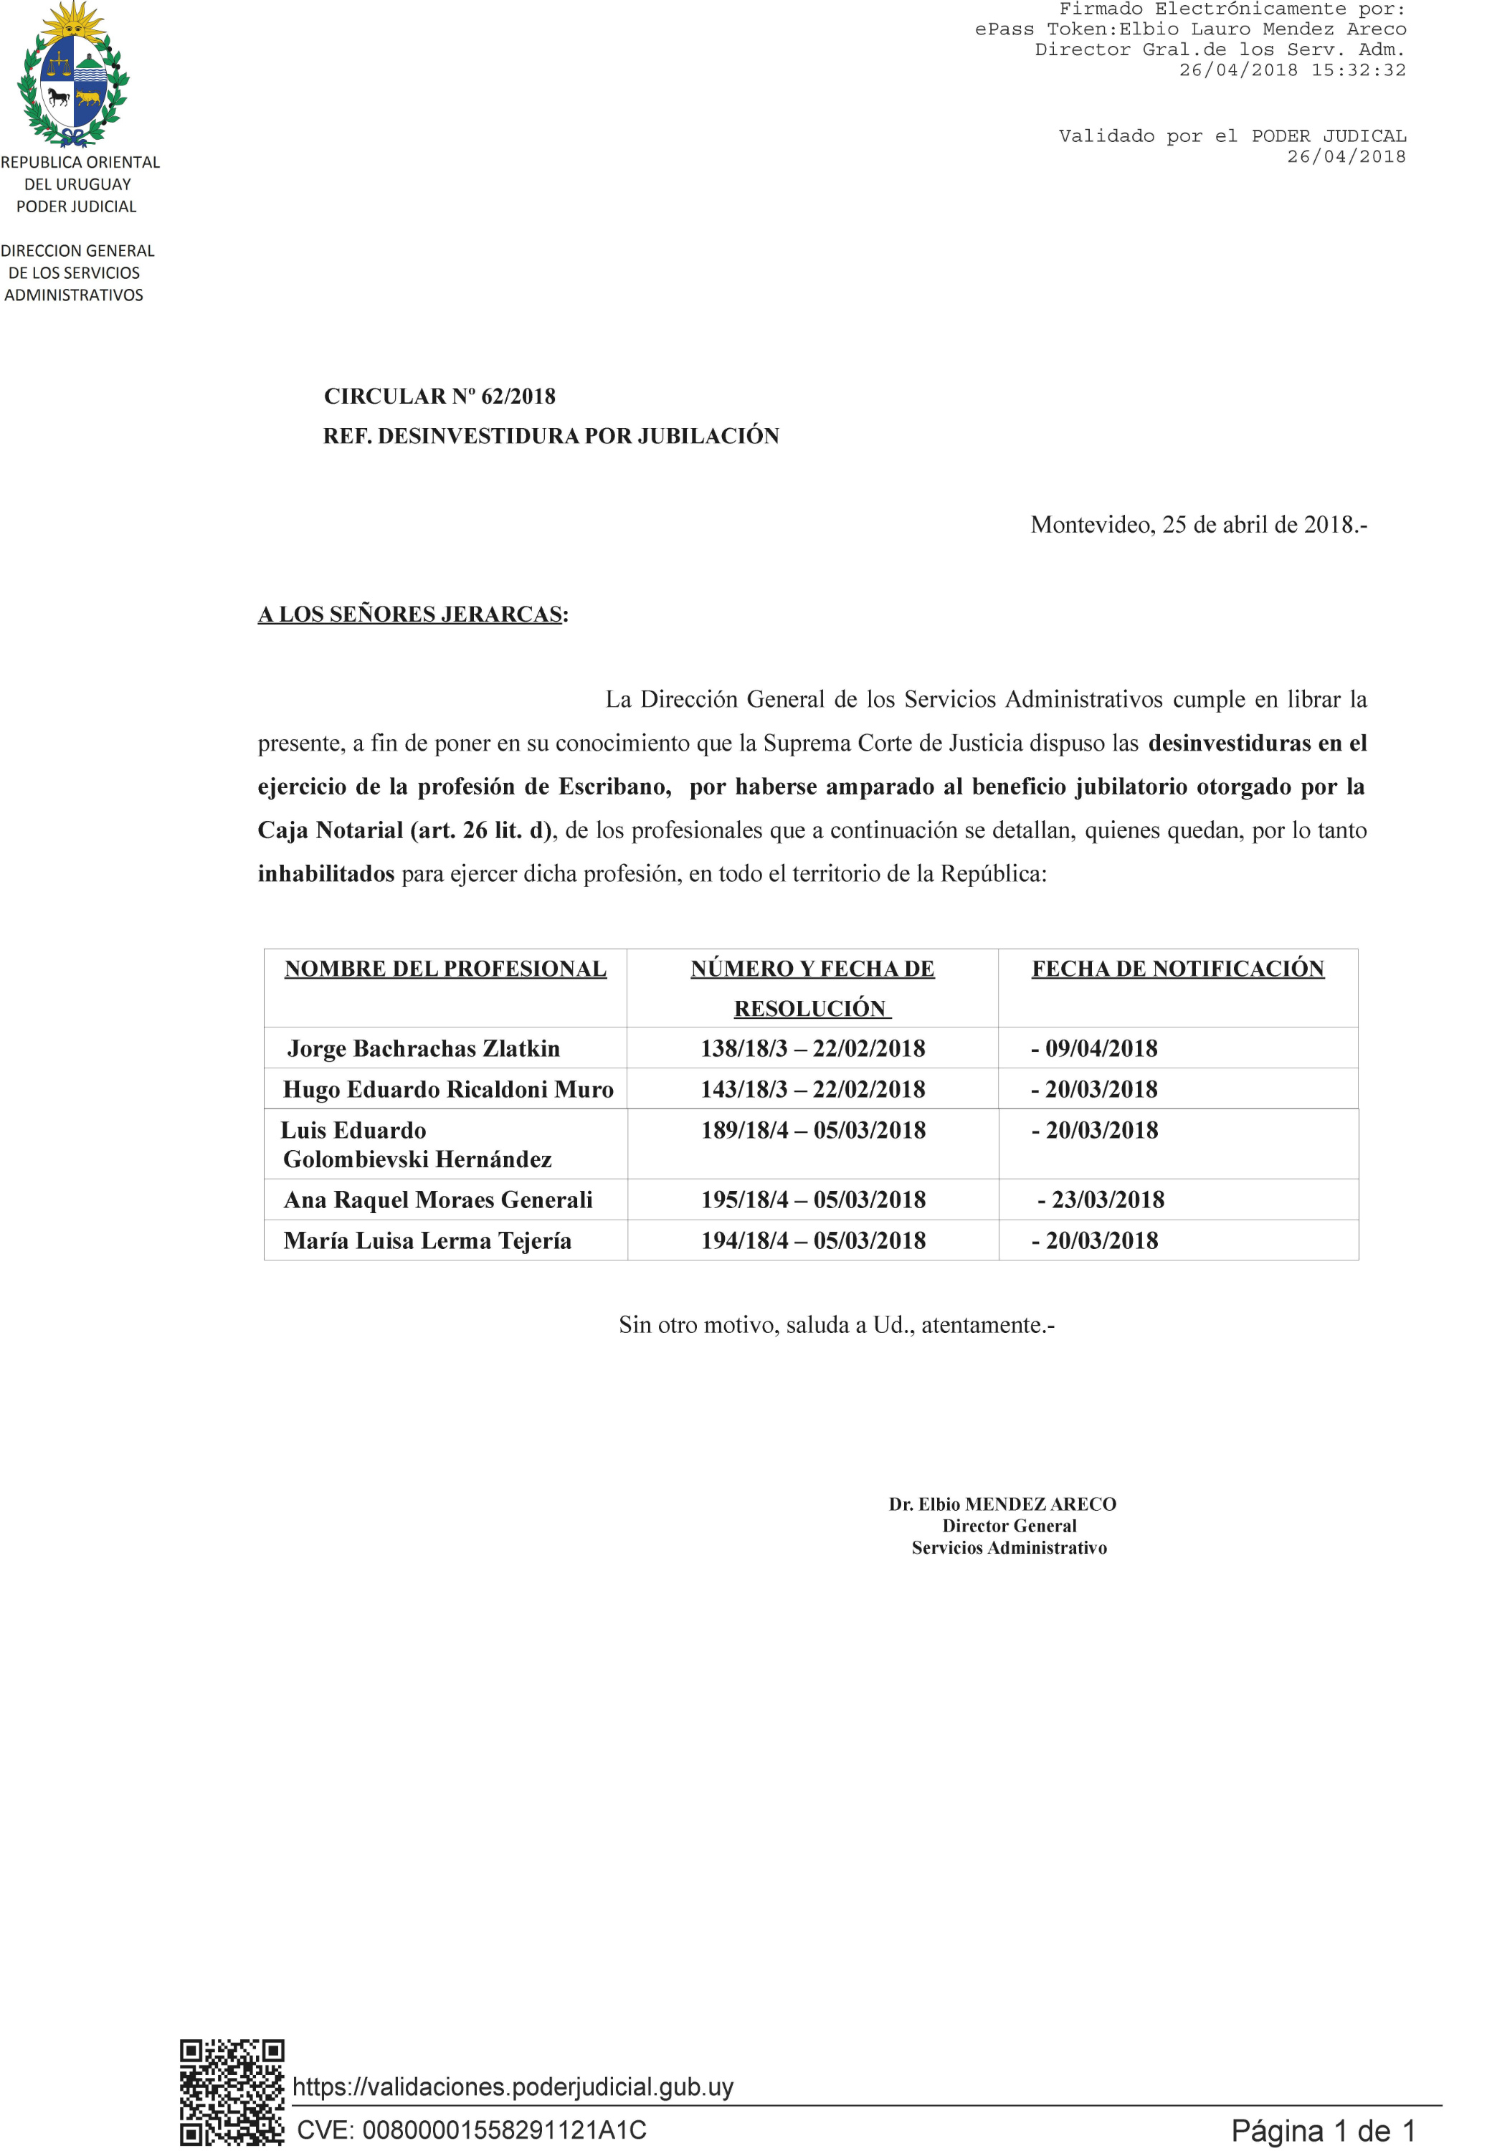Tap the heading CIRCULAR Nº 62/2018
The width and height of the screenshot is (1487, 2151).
pos(440,397)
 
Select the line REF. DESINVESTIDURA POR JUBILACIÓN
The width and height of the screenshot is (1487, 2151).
pos(551,436)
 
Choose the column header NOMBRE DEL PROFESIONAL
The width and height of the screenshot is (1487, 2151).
pos(445,969)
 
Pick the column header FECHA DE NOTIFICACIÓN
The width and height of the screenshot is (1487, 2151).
pos(1178,969)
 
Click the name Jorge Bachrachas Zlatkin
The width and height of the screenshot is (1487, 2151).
pos(424,1049)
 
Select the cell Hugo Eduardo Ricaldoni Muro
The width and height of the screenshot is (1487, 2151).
pos(448,1090)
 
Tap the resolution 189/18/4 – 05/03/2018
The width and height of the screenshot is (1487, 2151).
pos(813,1131)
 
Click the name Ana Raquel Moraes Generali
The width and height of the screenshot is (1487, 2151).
pos(438,1200)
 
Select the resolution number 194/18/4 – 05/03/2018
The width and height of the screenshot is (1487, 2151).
pos(813,1241)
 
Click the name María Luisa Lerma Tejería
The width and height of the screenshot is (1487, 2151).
pos(427,1241)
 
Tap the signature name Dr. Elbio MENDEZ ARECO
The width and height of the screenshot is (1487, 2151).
pos(1002,1504)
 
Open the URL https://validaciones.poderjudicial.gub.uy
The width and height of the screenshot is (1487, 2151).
pos(513,2086)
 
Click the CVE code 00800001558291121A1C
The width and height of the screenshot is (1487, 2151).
pos(472,2129)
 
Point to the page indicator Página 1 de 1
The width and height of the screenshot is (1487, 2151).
pos(1323,2130)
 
